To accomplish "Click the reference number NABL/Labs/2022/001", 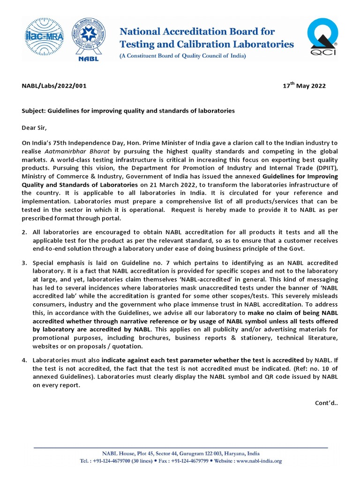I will (54, 86).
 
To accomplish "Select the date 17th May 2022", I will (304, 86).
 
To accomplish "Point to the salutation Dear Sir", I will (35, 127).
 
